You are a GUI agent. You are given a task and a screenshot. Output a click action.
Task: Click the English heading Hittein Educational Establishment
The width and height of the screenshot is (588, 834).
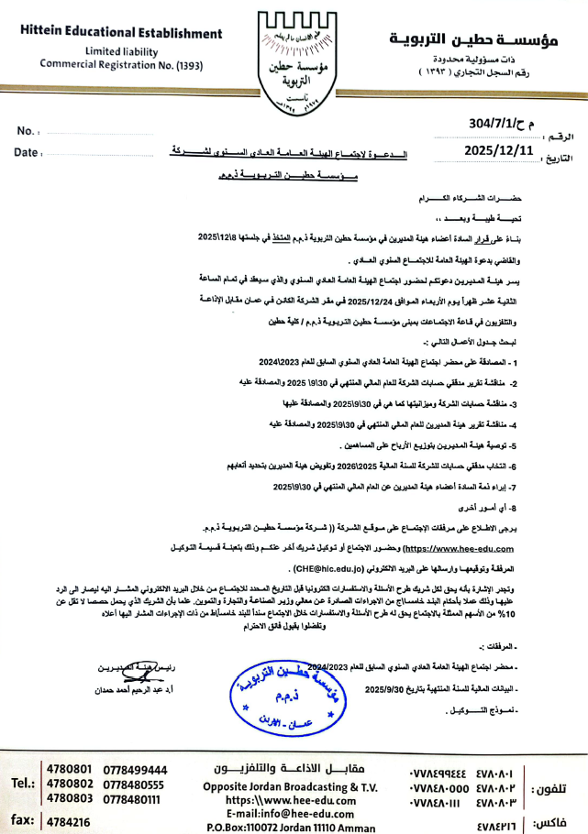click(x=121, y=33)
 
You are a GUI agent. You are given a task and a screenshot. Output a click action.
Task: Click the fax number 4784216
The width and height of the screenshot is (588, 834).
click(x=69, y=822)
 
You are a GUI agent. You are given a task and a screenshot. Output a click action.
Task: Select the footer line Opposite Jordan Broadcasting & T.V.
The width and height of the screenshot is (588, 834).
click(x=293, y=786)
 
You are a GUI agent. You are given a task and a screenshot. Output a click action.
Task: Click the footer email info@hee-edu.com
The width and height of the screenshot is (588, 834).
click(x=293, y=812)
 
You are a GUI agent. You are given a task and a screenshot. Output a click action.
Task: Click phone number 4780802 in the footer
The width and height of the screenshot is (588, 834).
click(x=69, y=785)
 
